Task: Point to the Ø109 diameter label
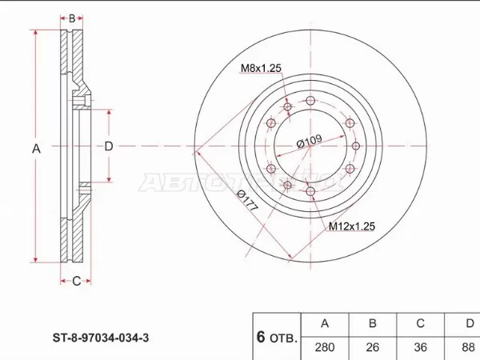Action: point(309,142)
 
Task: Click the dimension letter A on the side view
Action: point(35,147)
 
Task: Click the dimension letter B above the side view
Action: point(72,18)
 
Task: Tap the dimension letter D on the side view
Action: point(109,146)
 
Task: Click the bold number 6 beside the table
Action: point(261,337)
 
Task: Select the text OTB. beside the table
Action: point(282,338)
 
